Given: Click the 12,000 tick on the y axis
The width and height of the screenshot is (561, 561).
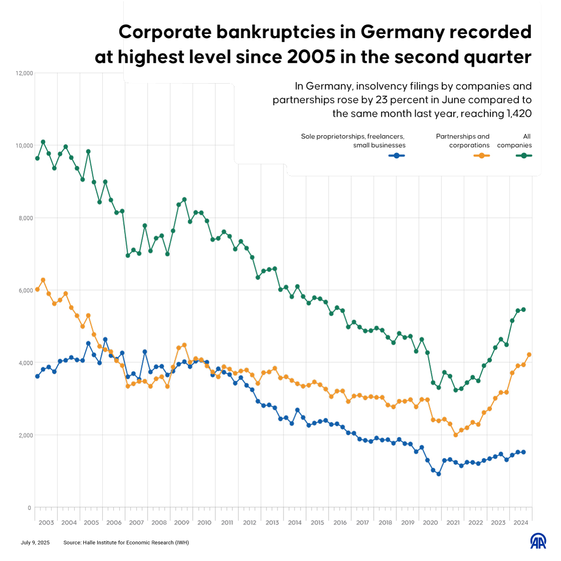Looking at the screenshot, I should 25,73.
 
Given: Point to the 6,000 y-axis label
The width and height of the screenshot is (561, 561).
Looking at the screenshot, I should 25,291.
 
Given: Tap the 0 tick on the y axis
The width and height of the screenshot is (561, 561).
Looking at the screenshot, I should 30,507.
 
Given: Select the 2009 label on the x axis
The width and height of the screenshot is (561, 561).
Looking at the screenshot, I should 181,522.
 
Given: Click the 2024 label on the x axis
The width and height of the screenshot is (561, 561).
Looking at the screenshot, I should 521,522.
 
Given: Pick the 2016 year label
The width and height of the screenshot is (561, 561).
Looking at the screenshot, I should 340,522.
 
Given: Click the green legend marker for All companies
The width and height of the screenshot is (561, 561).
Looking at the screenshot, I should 524,156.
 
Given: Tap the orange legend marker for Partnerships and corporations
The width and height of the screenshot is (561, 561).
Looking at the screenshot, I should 481,156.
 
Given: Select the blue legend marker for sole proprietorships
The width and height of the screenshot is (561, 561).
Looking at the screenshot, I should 397,156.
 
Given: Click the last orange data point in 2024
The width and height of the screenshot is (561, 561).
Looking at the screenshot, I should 529,355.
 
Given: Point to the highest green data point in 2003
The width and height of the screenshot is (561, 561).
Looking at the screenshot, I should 43,142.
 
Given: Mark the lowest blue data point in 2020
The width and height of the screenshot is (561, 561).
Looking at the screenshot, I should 438,474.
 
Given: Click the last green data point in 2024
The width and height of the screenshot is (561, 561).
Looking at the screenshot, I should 523,310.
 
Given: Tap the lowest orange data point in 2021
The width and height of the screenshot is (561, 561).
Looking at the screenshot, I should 455,435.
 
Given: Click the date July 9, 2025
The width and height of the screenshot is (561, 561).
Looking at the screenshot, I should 35,542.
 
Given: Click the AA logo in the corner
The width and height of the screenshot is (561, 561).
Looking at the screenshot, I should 538,540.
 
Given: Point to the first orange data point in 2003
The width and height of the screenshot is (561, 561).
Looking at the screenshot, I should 37,290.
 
